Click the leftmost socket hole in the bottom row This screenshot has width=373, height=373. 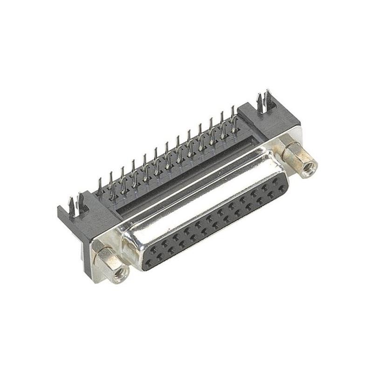149,264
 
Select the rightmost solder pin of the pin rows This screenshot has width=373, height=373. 233,117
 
